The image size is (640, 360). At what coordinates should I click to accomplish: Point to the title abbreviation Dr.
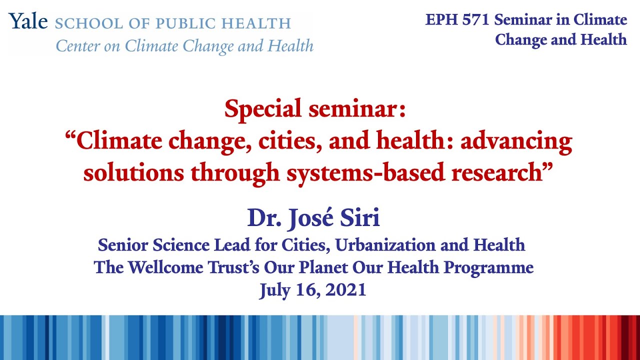pyautogui.click(x=263, y=218)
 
